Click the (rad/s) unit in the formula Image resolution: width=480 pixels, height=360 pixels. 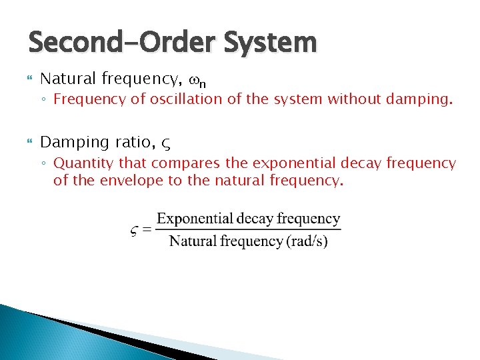tap(307, 241)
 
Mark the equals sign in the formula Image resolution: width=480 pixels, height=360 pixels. tap(147, 231)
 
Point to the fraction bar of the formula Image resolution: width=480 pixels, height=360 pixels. tap(248, 230)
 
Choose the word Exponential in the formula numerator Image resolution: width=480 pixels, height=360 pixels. tap(194, 219)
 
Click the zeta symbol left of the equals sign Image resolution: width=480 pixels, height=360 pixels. tap(134, 231)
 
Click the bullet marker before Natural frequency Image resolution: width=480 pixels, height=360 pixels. tap(28, 80)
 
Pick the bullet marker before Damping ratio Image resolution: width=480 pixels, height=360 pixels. tap(28, 143)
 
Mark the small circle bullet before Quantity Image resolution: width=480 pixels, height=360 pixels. tap(45, 164)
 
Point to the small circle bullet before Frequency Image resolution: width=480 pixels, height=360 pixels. tap(45, 101)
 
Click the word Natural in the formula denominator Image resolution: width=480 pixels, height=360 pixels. tap(190, 241)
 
